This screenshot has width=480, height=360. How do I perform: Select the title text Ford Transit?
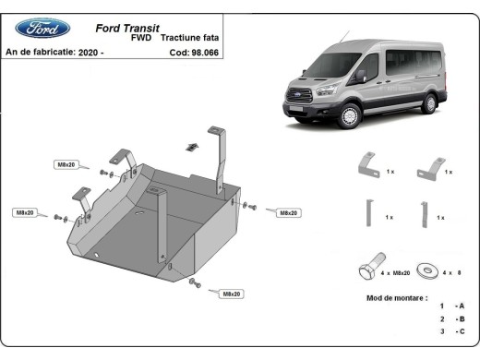[x=132, y=28]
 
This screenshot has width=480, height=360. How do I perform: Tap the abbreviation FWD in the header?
[x=141, y=40]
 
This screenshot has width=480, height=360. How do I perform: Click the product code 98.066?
[x=207, y=53]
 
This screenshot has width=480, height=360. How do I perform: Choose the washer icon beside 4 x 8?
[x=427, y=270]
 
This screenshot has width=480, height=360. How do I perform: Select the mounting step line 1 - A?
[x=451, y=306]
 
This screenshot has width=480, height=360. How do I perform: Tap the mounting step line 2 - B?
[x=451, y=318]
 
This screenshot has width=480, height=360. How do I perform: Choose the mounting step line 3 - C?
[x=451, y=330]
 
